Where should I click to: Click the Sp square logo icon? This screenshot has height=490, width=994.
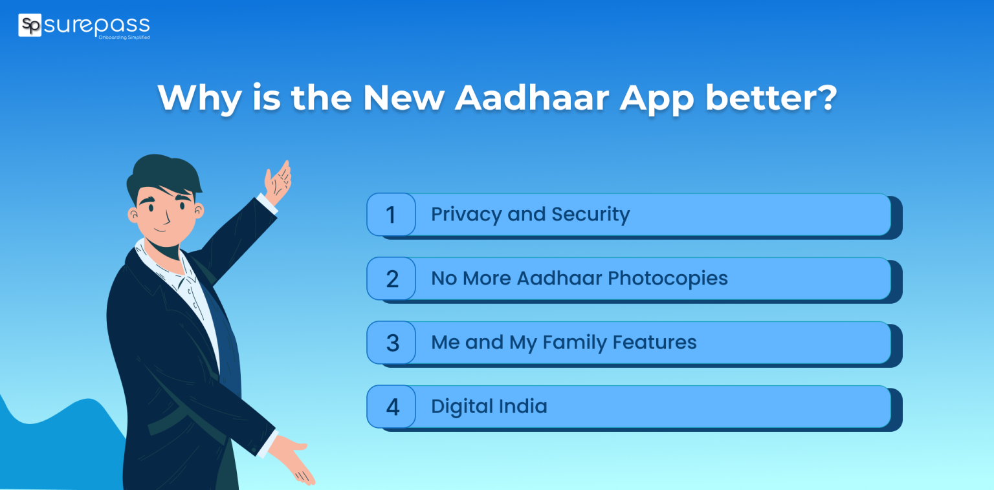[x=30, y=25]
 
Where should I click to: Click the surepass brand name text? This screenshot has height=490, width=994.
[x=96, y=25]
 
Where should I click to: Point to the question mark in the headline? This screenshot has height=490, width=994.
[x=825, y=98]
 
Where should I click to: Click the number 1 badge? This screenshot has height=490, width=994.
[x=391, y=215]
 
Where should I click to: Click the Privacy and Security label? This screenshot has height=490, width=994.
[x=530, y=215]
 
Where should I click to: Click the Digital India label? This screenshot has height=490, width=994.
[x=489, y=407]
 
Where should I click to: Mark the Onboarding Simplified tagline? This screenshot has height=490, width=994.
[x=124, y=37]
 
